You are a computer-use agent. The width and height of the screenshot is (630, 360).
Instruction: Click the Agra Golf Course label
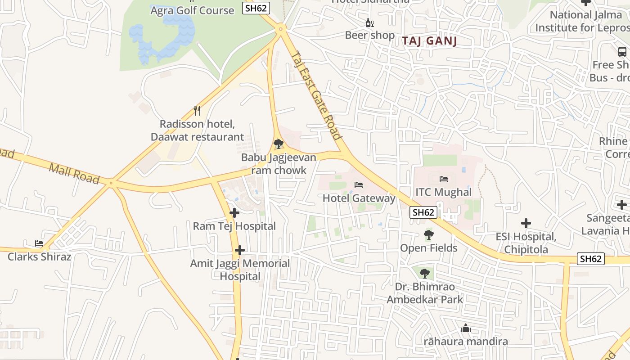192,10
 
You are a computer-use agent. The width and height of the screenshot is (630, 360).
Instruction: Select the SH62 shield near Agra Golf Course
256,8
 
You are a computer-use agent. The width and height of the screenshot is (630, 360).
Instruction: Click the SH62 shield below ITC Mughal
423,212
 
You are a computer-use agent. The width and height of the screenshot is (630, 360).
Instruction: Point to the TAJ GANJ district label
429,41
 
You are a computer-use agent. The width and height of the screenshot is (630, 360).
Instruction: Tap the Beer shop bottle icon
369,22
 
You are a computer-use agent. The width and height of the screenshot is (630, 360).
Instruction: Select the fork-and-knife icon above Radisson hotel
197,110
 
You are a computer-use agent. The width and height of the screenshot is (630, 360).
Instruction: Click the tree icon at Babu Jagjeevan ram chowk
279,144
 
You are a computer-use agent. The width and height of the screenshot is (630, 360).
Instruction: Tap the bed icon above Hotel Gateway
359,185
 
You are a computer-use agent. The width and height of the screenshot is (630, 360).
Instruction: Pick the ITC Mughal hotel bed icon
444,179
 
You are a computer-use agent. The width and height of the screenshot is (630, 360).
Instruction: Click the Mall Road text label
74,174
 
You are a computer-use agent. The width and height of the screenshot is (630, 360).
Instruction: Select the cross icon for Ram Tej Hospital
234,213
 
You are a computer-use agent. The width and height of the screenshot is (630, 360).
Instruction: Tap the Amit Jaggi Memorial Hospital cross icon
240,250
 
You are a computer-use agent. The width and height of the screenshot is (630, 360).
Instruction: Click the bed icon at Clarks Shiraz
39,243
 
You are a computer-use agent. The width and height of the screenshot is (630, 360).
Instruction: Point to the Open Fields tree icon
428,235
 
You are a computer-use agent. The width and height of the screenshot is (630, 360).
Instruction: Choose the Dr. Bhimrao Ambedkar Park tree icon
424,273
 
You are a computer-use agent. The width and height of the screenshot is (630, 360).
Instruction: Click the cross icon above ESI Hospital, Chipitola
526,223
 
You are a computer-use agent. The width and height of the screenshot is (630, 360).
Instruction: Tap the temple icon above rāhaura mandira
466,328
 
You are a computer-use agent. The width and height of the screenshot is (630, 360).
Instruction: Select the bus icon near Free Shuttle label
622,52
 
